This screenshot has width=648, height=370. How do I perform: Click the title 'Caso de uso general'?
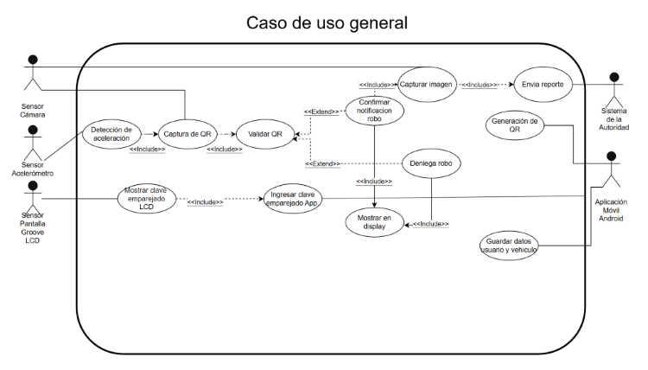(x=327, y=22)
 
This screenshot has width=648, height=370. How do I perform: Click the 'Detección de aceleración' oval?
(x=111, y=134)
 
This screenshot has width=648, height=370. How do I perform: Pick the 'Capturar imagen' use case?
(x=428, y=85)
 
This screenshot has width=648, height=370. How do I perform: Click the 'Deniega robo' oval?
(x=430, y=162)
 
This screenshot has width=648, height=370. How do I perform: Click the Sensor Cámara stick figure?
(x=33, y=74)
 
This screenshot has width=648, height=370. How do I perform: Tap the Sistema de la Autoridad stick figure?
(x=614, y=89)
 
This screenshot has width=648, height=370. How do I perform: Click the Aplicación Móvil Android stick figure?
(x=612, y=170)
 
